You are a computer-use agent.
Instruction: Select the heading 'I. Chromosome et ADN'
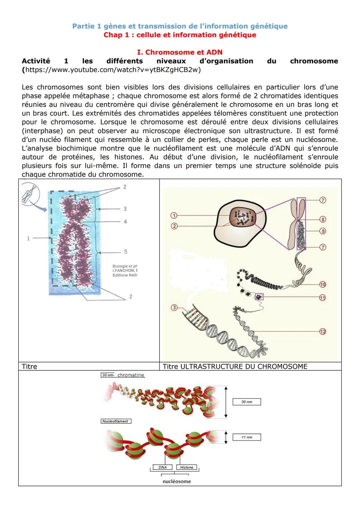pos(180,52)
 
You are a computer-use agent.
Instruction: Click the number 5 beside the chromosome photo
pos(125,252)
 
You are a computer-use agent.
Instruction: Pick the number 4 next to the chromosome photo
pos(125,222)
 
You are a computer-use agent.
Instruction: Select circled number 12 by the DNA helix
pos(322,331)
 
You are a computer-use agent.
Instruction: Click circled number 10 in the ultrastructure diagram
pos(322,284)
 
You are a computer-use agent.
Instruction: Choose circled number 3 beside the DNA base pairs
pos(174,307)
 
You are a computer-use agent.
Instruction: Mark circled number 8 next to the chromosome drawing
pos(322,219)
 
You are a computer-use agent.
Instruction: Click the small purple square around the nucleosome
pos(259,296)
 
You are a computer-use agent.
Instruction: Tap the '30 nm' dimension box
pos(247,402)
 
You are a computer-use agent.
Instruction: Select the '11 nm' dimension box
pos(247,437)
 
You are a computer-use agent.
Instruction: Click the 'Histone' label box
pos(187,467)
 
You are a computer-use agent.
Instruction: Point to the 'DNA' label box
pos(163,467)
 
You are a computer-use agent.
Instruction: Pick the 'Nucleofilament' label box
pos(116,421)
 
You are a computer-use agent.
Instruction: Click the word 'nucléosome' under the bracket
pos(177,481)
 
